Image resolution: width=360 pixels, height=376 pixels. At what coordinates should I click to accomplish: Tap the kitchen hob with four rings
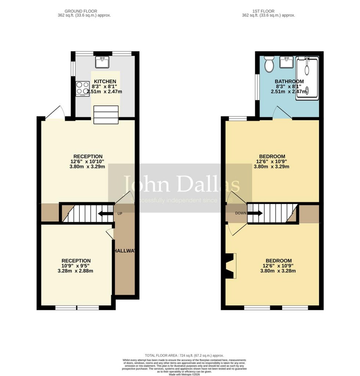(x=82, y=88)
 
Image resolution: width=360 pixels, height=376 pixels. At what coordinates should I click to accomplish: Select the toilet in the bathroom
(x=269, y=64)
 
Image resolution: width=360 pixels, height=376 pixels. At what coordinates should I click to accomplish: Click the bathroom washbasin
(x=286, y=62)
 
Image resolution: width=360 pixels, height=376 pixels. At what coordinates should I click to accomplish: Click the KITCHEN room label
(x=105, y=82)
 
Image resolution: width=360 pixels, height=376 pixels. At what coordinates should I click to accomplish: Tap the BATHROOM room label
(x=289, y=82)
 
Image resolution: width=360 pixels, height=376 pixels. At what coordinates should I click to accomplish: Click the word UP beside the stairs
(x=120, y=214)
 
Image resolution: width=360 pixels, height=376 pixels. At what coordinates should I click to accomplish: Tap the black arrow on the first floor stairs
(x=256, y=213)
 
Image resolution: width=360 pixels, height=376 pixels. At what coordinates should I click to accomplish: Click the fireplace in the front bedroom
(x=230, y=265)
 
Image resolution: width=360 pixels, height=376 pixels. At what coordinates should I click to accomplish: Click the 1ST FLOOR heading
(x=268, y=11)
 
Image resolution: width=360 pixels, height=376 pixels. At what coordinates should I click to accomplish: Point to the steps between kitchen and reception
(x=106, y=114)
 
